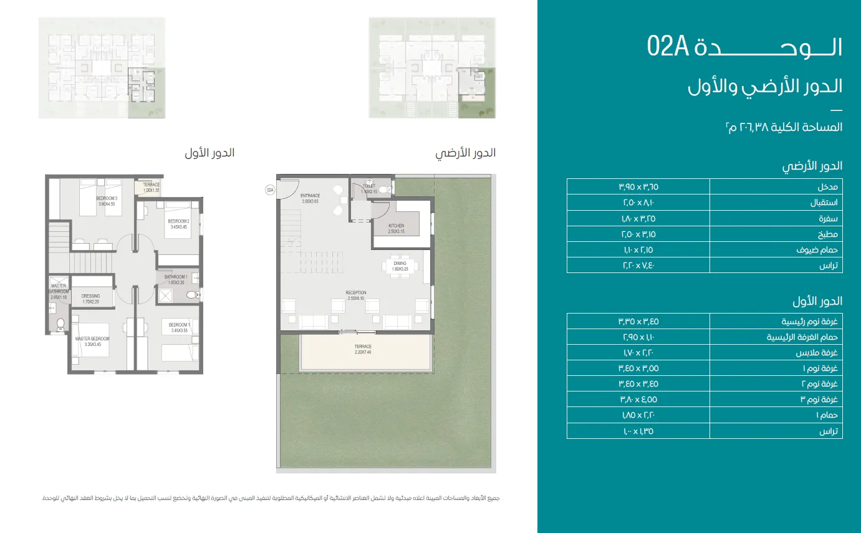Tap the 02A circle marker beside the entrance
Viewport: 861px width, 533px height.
click(270, 190)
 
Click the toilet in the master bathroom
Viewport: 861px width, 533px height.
click(60, 324)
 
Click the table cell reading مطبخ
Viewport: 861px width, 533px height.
click(776, 234)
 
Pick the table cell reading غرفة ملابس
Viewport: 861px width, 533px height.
click(776, 353)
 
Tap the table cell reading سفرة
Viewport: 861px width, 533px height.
click(776, 218)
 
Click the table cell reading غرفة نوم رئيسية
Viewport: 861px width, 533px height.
click(776, 322)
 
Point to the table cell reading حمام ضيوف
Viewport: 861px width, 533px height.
click(776, 250)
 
